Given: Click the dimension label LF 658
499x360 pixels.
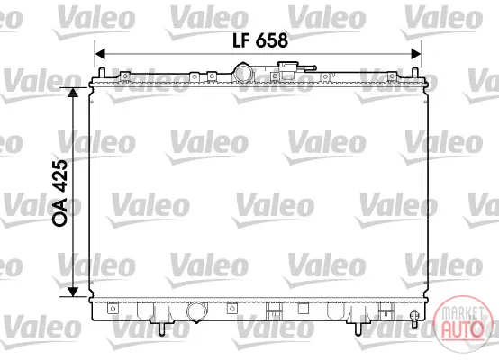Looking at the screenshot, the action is [260, 40].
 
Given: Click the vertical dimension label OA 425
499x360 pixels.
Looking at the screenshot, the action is [60, 193].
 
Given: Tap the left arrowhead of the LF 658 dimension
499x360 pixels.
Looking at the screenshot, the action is [100, 54].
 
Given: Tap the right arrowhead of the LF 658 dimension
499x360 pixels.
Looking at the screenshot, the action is [416, 54].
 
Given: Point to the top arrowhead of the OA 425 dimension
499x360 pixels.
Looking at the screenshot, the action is [73, 93].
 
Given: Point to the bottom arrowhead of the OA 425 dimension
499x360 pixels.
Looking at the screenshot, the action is [73, 292].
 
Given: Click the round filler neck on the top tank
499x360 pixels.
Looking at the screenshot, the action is [244, 73].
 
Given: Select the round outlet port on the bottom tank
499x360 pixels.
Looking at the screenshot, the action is [196, 311].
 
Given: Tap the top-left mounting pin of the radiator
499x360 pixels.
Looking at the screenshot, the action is [102, 73].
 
